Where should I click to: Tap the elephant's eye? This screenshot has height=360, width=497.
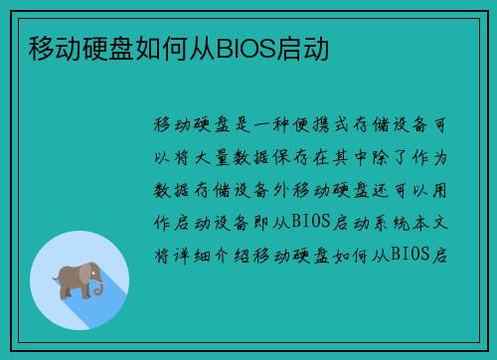[89, 270]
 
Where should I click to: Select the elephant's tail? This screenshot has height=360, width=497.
[58, 282]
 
